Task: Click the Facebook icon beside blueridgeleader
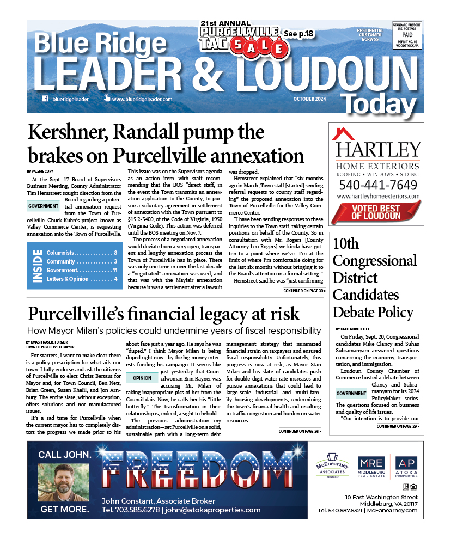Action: pyautogui.click(x=45, y=99)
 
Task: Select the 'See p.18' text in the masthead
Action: pyautogui.click(x=299, y=34)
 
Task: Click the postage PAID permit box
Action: pyautogui.click(x=407, y=35)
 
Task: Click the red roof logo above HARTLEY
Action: pyautogui.click(x=343, y=134)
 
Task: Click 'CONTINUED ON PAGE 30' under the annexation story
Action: pyautogui.click(x=303, y=291)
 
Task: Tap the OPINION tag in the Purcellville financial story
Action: pyautogui.click(x=141, y=378)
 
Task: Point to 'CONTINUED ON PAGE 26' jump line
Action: pyautogui.click(x=300, y=431)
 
